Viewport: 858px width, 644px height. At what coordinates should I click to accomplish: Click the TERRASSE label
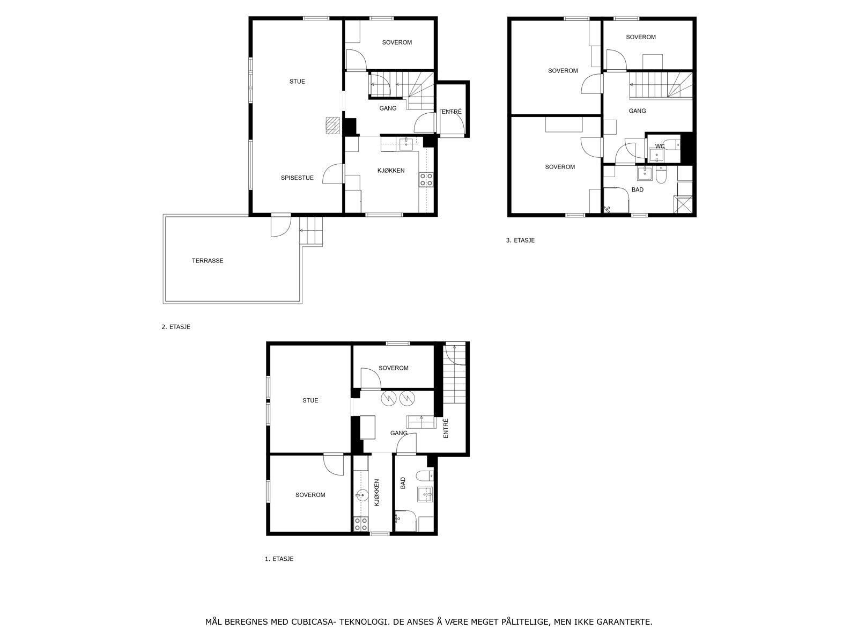(x=208, y=261)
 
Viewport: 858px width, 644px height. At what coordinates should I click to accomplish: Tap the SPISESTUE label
(x=297, y=178)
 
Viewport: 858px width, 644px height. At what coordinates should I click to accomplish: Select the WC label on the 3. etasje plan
(x=660, y=146)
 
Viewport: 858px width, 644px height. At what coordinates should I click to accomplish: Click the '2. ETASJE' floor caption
(x=176, y=326)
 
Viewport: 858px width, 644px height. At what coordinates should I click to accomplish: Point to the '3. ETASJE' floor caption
(x=520, y=240)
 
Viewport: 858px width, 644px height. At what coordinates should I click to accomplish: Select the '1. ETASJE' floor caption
(x=279, y=559)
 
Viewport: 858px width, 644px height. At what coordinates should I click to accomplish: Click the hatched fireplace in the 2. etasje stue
(x=332, y=125)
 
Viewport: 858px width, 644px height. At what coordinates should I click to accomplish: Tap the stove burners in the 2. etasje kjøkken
(x=426, y=180)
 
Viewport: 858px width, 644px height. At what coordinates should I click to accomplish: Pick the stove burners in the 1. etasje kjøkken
(x=361, y=524)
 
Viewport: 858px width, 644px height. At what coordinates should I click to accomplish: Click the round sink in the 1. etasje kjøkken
(x=360, y=495)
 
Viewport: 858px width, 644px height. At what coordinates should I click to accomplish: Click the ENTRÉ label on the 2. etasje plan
(x=452, y=112)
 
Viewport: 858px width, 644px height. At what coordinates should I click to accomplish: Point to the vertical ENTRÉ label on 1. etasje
(x=446, y=429)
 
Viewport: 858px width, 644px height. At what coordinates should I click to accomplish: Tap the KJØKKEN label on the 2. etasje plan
(x=391, y=171)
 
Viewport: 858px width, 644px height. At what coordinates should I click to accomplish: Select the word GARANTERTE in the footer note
(x=626, y=622)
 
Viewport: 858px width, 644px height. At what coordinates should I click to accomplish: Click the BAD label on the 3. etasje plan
(x=638, y=190)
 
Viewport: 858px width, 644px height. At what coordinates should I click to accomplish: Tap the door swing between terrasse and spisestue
(x=280, y=225)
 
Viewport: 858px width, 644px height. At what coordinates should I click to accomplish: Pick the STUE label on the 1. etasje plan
(x=310, y=400)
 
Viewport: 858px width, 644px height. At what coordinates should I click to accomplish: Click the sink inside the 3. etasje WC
(x=655, y=156)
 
